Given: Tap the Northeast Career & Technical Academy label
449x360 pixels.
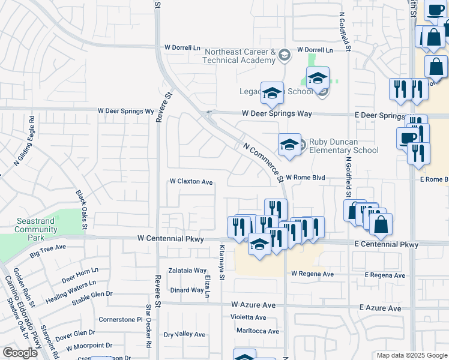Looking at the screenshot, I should [x=239, y=56].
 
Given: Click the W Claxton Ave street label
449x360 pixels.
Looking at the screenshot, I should [x=191, y=181].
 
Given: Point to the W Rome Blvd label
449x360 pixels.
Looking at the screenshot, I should [x=305, y=178].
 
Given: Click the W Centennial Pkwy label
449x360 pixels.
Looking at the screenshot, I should [x=170, y=239].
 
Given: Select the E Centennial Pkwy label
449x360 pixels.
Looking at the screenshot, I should [x=386, y=245].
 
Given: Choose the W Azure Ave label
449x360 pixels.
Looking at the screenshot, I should [x=253, y=305].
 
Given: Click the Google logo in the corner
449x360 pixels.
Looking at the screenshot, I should [x=20, y=353].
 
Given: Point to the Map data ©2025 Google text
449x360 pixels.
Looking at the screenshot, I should [x=411, y=355].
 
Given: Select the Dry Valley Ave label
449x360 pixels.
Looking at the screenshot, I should [x=185, y=334].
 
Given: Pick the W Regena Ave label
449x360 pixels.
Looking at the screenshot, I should [x=312, y=274].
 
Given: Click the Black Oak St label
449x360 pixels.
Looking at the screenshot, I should [x=82, y=210].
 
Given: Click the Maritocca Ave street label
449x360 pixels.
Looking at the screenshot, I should [x=258, y=331].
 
